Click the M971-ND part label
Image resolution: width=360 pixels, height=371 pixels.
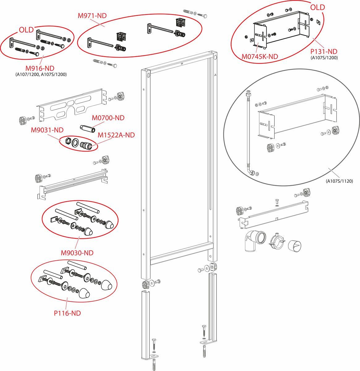92,16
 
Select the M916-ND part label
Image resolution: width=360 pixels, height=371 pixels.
40,68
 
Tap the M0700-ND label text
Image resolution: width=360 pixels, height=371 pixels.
108,118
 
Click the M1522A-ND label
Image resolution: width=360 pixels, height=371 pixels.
116,135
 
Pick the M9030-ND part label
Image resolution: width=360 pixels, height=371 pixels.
77,253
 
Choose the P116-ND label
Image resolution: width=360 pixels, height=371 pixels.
67,313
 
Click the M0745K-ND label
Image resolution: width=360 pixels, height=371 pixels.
260,56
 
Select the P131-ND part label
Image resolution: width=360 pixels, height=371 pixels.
324,52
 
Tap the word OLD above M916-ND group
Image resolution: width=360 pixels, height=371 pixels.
26,30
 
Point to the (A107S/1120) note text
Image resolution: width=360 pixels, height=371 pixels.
339,181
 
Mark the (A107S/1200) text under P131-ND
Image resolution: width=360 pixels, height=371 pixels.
324,58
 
